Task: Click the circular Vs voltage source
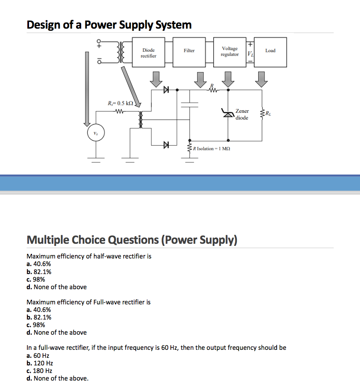click(x=95, y=134)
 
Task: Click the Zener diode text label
click(x=242, y=115)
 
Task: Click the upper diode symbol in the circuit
click(x=166, y=90)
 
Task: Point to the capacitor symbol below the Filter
click(x=190, y=104)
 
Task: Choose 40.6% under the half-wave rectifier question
click(x=42, y=264)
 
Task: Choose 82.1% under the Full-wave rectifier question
click(x=42, y=317)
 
